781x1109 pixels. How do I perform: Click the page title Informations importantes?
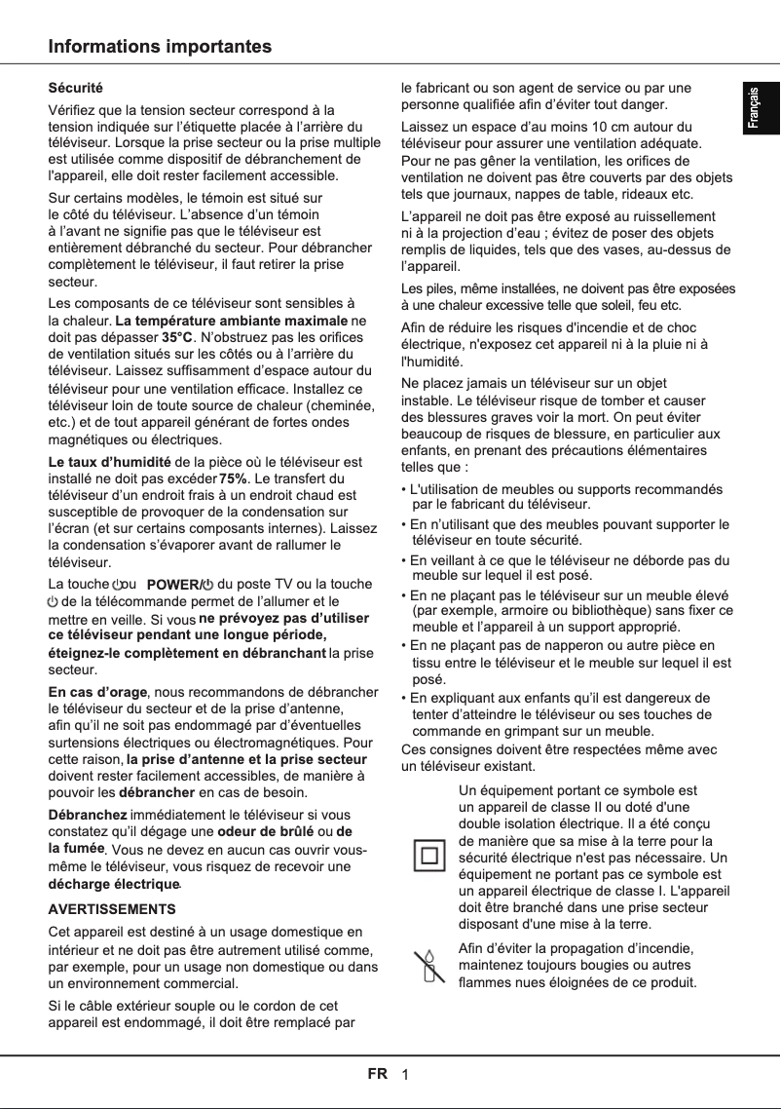[x=161, y=47]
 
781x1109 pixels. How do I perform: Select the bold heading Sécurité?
[x=76, y=89]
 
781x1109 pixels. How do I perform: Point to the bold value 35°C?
[x=177, y=336]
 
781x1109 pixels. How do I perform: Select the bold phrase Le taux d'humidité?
[x=110, y=461]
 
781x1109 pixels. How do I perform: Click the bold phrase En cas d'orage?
[x=97, y=692]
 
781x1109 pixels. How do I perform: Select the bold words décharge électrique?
[x=114, y=884]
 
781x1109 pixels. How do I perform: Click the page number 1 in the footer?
[x=404, y=1075]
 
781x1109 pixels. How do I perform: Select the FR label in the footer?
[x=378, y=1074]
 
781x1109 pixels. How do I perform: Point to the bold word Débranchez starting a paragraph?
[x=88, y=814]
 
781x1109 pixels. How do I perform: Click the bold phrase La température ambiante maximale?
[x=231, y=320]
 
